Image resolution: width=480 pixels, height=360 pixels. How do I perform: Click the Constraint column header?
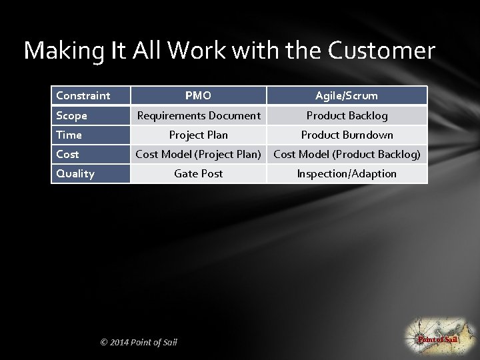click(83, 95)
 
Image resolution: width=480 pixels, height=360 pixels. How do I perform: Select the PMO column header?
click(198, 95)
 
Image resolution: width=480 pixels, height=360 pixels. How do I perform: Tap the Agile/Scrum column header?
click(347, 95)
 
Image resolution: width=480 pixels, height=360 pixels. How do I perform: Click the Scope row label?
click(72, 115)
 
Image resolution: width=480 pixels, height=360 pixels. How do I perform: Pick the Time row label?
click(69, 135)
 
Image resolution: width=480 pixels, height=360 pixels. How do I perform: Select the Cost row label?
click(68, 154)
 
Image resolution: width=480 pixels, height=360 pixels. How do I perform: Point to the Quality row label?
click(75, 173)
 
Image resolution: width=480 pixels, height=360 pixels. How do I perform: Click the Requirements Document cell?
click(199, 115)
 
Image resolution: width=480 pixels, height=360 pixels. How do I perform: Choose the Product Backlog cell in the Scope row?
click(347, 115)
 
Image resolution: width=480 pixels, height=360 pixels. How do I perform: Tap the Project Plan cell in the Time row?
click(199, 135)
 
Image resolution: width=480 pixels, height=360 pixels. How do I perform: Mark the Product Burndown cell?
click(347, 135)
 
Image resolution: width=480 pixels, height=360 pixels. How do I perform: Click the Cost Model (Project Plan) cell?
click(199, 154)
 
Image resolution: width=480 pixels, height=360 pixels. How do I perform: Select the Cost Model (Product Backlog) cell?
click(347, 154)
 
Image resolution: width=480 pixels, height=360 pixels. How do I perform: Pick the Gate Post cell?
click(199, 173)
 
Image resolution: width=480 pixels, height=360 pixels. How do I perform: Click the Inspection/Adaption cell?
click(347, 173)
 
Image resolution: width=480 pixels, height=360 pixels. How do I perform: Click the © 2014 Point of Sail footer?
click(139, 342)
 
